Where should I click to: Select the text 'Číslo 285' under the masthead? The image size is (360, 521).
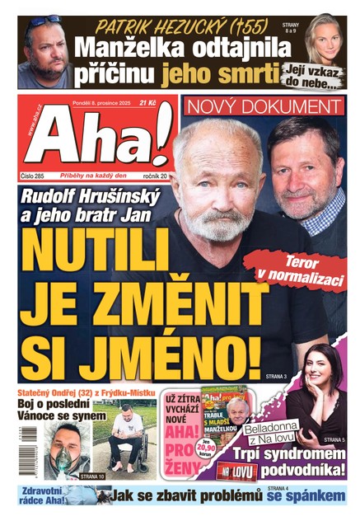tap(34, 176)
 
